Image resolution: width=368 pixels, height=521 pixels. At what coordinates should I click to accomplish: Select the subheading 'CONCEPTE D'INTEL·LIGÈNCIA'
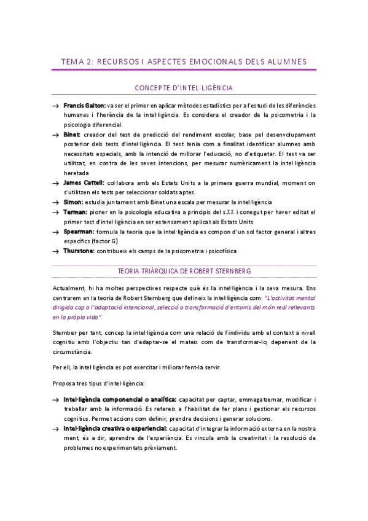point(184,88)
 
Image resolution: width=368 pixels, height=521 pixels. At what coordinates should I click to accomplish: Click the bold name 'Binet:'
point(73,135)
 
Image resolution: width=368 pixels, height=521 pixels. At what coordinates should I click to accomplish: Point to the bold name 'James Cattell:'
point(84,183)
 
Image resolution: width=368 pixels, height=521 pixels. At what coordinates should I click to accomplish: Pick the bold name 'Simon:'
point(74,202)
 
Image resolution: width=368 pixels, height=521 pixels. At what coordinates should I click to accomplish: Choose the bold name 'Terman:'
point(76,212)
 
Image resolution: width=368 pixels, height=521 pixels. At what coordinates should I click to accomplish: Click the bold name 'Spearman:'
point(79,231)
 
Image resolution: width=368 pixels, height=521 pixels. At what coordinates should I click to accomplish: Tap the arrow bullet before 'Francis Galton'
point(56,106)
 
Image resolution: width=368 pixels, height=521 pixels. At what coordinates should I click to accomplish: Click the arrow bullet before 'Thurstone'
point(56,251)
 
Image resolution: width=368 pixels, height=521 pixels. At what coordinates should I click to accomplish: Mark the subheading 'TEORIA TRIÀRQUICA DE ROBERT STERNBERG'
point(184,272)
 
